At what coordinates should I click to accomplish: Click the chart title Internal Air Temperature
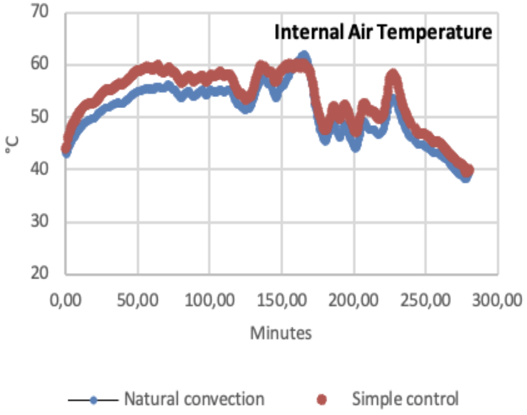[x=383, y=33]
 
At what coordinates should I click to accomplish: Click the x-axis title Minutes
[x=281, y=333]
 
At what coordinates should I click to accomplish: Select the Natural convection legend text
[x=194, y=399]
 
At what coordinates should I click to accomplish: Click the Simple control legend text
[x=405, y=399]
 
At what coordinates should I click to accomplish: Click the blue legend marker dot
[x=96, y=400]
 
